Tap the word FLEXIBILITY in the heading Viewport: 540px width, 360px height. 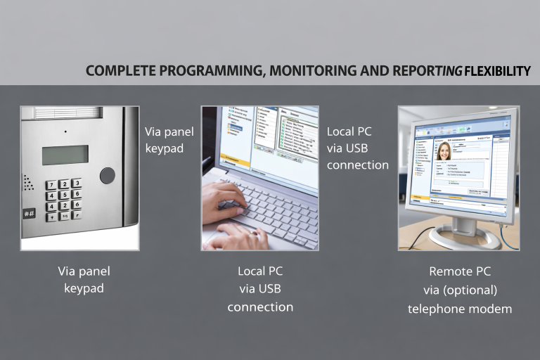point(495,71)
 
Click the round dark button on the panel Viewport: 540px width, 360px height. point(107,175)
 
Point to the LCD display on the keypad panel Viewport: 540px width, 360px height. point(65,155)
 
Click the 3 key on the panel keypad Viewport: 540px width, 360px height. point(76,183)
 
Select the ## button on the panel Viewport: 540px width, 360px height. point(30,213)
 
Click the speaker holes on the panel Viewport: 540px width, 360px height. point(29,182)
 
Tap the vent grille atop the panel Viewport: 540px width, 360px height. point(67,112)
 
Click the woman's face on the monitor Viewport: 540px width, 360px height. point(444,150)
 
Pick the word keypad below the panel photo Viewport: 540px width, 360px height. point(84,288)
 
